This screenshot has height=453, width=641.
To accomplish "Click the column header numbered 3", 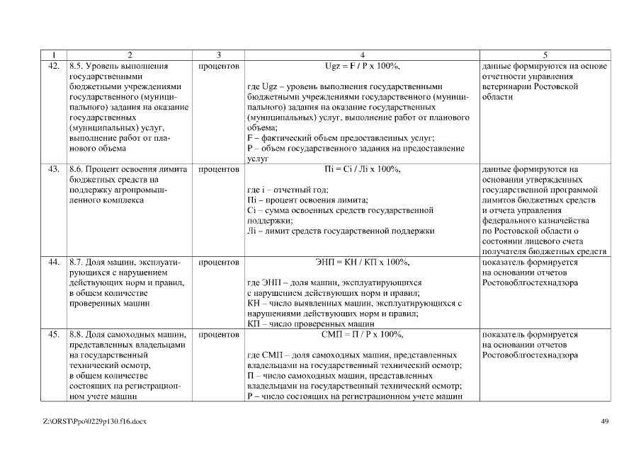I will [219, 55].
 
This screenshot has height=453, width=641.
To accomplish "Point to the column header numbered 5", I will [545, 55].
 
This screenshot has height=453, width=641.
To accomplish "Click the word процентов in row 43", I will [219, 170].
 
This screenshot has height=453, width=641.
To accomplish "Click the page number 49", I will [604, 422].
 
